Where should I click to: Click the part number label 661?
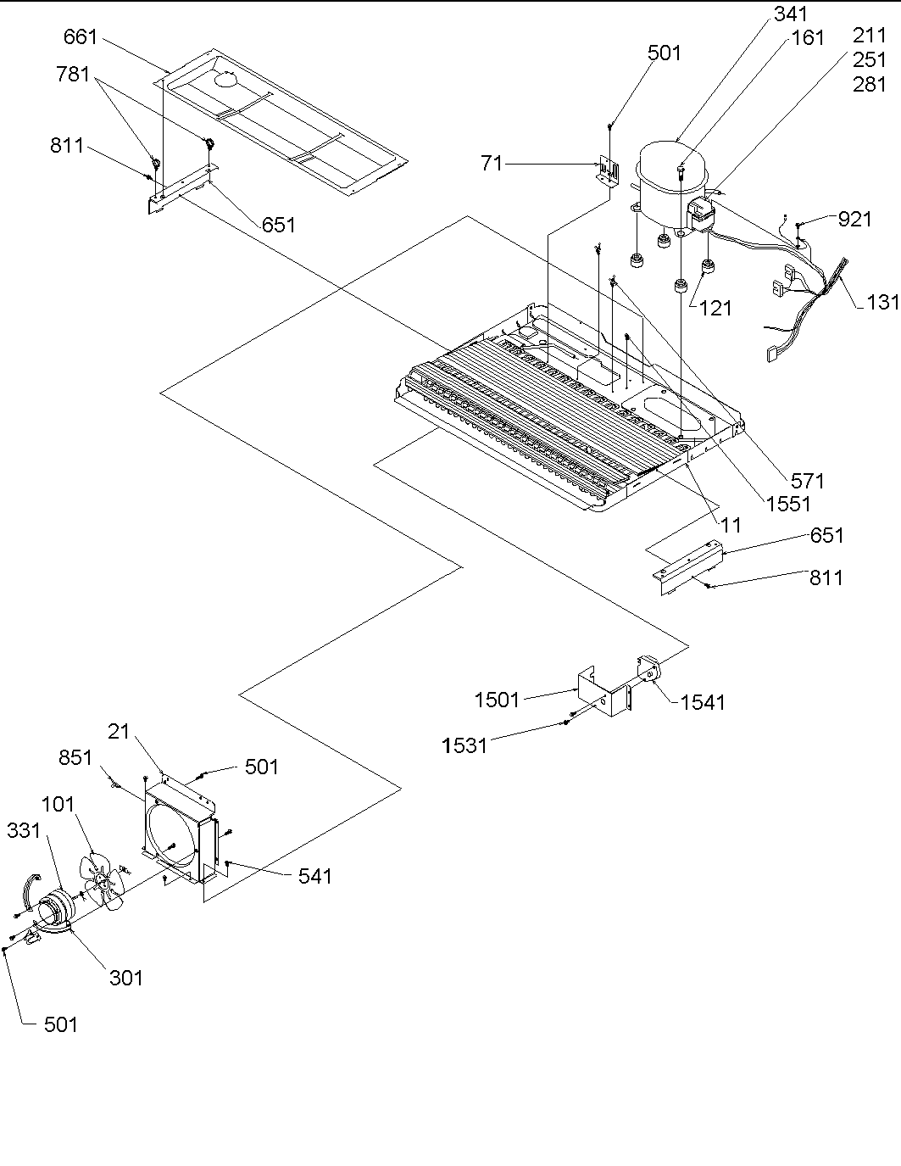tap(81, 38)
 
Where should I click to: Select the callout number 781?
tap(73, 75)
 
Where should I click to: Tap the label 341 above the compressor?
tap(791, 14)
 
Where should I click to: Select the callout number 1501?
tap(497, 700)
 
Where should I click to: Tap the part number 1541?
tap(703, 702)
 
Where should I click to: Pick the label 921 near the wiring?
tap(854, 219)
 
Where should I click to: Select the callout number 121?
tap(716, 309)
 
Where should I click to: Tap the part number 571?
tap(806, 481)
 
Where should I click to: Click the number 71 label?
tap(492, 163)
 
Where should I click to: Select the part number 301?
tap(125, 978)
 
